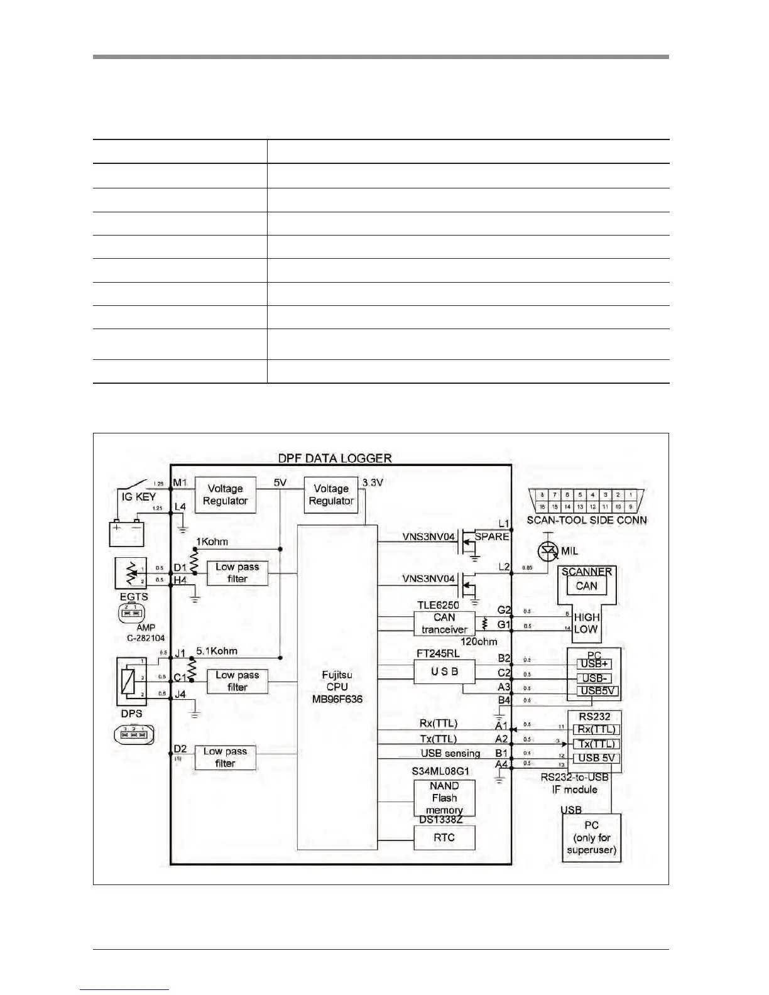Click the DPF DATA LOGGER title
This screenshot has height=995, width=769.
[335, 458]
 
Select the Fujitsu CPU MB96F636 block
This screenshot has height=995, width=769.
[337, 687]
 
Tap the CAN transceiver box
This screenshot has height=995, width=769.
[444, 623]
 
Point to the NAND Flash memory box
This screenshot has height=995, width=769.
[444, 798]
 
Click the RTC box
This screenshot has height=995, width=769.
[444, 837]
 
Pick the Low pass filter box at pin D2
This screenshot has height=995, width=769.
[225, 758]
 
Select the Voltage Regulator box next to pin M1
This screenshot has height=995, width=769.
[225, 495]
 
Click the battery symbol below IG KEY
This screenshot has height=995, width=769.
[127, 533]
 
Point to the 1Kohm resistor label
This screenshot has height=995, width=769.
[212, 541]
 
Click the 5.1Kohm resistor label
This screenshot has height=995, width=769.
[217, 651]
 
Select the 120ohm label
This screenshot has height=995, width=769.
[478, 642]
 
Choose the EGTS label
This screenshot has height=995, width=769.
[133, 597]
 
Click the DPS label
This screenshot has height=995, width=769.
[131, 714]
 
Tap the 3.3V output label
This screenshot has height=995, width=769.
[373, 482]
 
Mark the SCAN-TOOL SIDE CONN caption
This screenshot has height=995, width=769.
[586, 520]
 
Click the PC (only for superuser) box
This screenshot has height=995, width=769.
[591, 838]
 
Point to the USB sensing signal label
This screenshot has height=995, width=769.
[450, 753]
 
